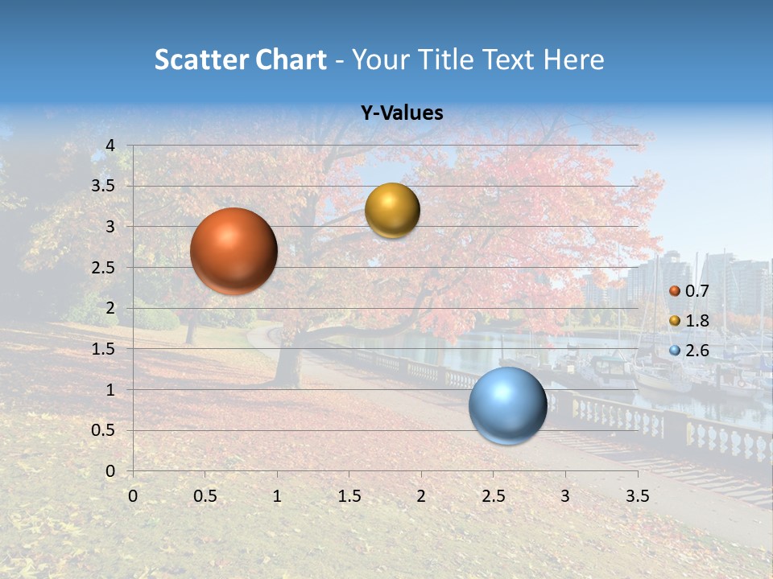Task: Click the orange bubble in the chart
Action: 234,251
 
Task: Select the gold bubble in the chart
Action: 392,211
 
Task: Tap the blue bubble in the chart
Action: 507,405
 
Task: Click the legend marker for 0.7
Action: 675,291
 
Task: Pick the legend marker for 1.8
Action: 675,321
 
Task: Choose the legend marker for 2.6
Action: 675,351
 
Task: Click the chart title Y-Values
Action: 401,113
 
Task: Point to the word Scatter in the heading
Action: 200,60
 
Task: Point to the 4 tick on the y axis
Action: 110,145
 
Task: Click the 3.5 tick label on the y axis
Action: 103,186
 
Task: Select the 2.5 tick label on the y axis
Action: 103,268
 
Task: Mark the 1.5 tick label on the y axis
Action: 103,349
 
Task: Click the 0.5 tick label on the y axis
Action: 103,431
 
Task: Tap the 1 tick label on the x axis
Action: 277,495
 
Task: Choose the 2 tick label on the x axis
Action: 421,495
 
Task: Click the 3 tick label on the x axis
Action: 565,495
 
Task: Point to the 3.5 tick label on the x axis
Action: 637,495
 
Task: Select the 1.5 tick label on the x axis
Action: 349,495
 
